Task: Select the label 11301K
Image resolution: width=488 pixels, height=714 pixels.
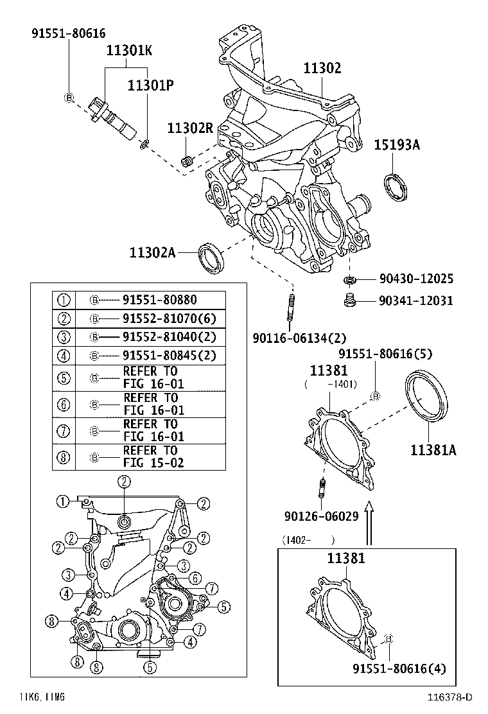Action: pos(129,51)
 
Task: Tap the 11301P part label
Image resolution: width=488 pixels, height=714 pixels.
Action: pos(151,85)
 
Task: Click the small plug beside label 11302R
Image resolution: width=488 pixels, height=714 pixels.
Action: pos(188,161)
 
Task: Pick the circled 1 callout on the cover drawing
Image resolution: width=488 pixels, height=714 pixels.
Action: pos(62,501)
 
